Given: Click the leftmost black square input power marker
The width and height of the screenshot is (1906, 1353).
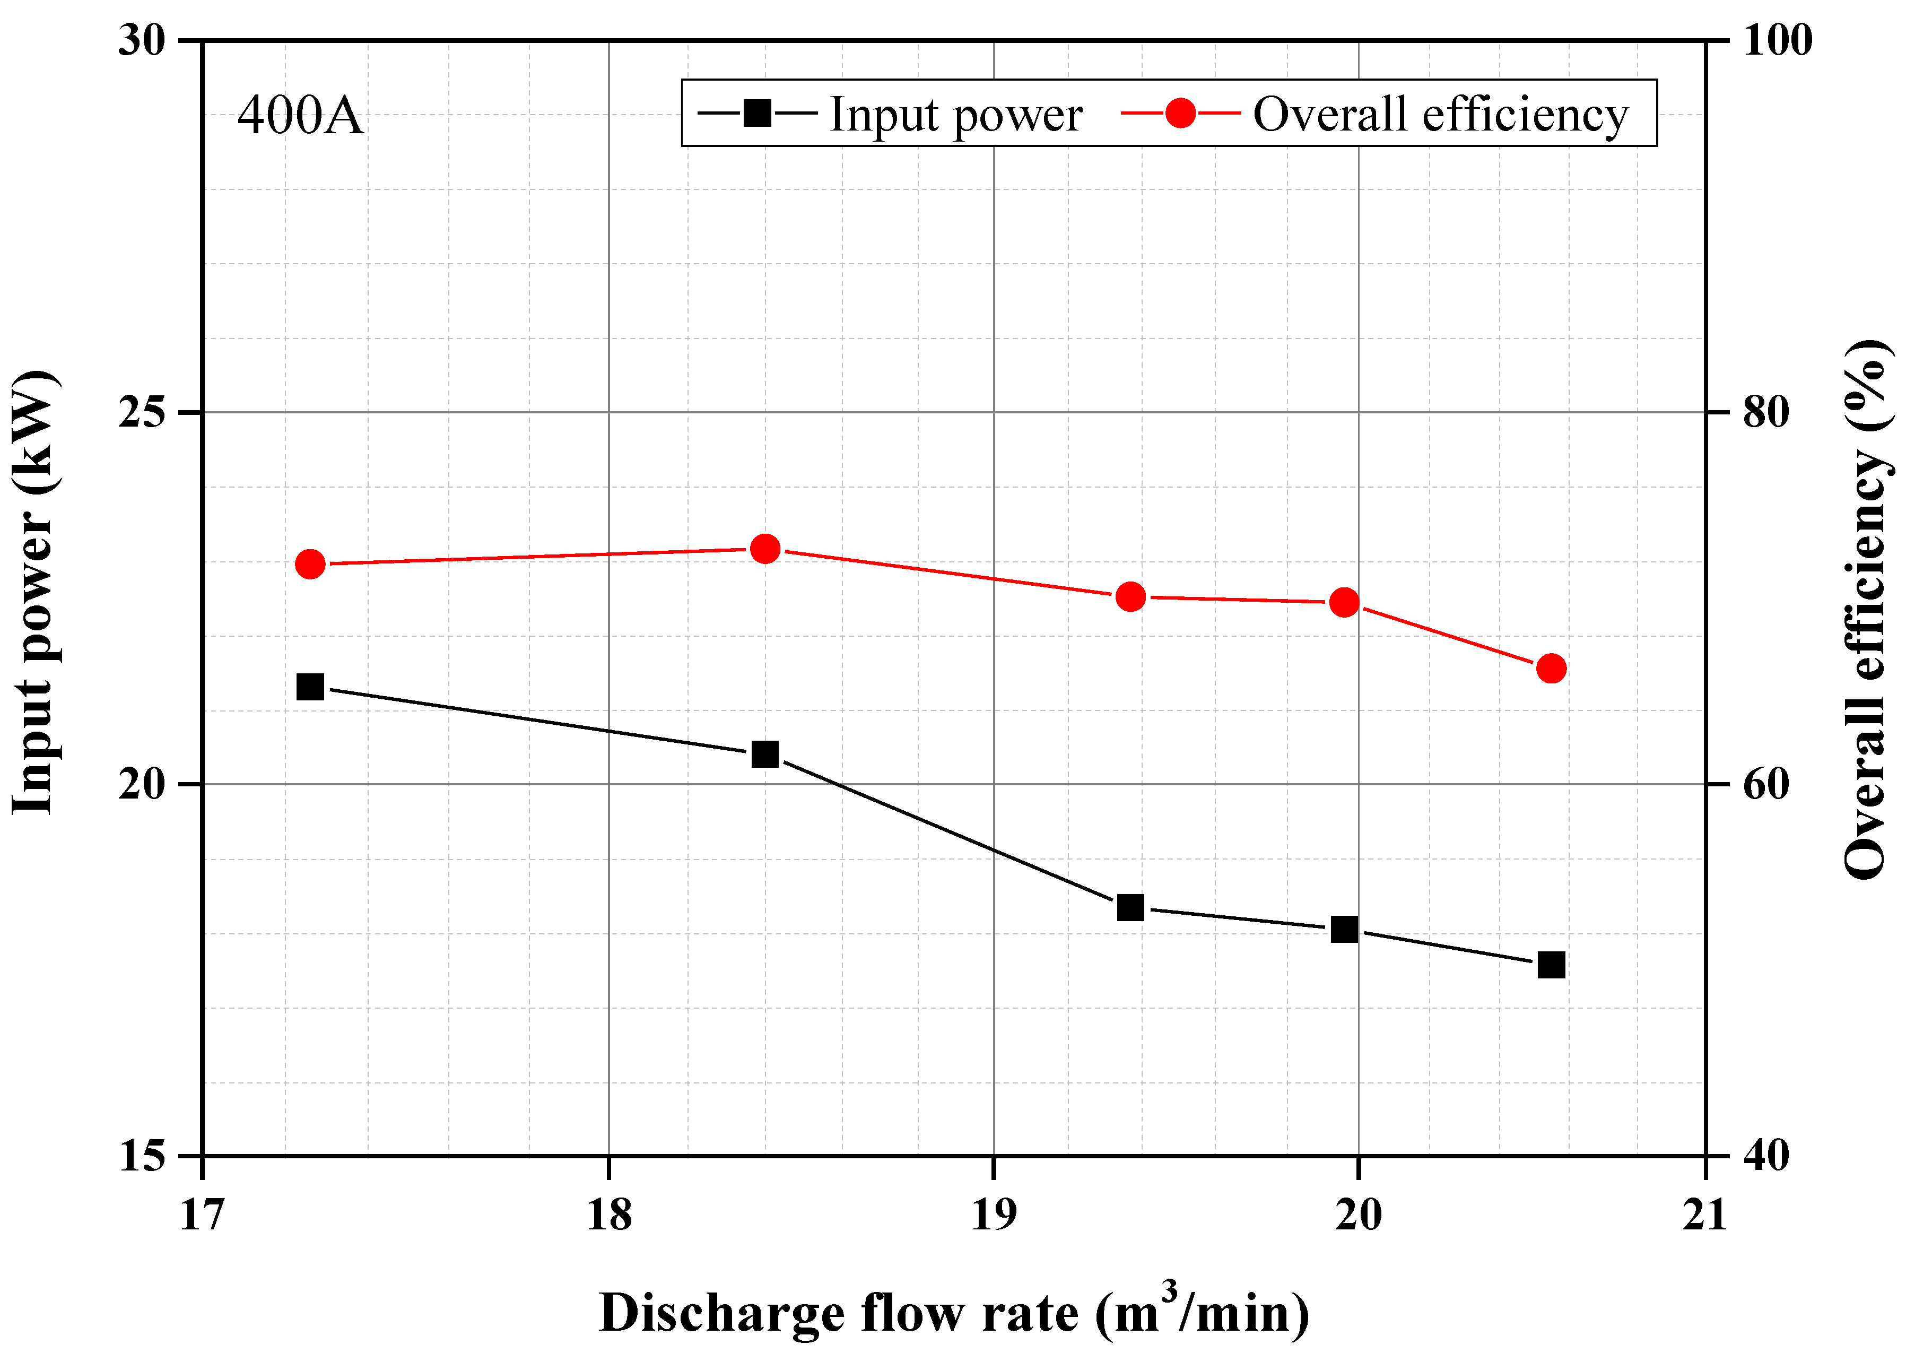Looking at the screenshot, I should pos(310,687).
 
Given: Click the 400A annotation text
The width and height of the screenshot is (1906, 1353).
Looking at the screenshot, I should pos(300,116).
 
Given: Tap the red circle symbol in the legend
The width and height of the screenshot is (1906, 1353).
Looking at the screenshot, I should pos(1180,112).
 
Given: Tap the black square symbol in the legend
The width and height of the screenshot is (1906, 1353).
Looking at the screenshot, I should pos(757,112).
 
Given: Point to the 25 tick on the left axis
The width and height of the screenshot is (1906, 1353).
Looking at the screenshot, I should pos(142,412).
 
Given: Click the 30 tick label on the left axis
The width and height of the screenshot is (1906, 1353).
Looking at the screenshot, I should pos(142,40).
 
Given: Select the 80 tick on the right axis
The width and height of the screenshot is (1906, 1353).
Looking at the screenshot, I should pos(1766,412).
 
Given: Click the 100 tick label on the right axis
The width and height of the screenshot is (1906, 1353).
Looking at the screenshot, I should pos(1778,40).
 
